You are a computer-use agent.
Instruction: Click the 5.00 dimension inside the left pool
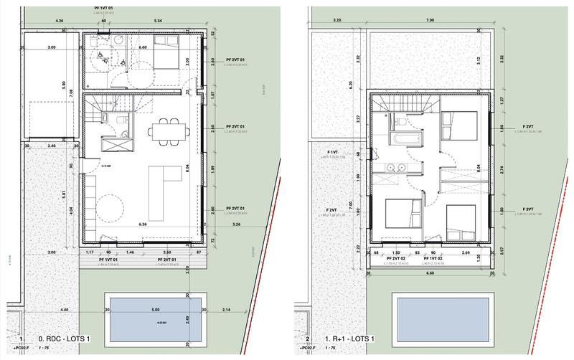click(155, 310)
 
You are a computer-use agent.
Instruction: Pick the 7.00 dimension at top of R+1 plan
click(429, 21)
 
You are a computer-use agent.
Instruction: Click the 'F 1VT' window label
click(332, 153)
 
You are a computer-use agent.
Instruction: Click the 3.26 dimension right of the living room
click(237, 224)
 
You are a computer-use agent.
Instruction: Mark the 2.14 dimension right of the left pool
click(226, 310)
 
